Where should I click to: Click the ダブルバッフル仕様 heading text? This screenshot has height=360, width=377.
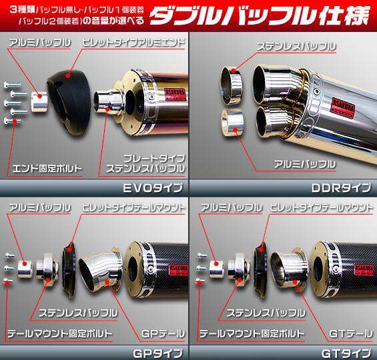[259, 15]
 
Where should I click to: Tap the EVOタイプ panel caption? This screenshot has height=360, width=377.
[153, 188]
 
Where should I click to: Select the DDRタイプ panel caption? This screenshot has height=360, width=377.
[342, 188]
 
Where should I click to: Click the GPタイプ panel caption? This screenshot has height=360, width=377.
[157, 353]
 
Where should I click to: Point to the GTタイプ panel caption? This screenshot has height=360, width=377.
[346, 353]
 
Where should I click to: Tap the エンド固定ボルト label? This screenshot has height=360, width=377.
[47, 169]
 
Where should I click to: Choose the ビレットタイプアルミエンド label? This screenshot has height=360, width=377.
[133, 43]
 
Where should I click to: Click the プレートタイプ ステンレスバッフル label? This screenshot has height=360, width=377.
[145, 163]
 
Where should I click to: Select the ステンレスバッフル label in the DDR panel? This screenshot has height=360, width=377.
[296, 46]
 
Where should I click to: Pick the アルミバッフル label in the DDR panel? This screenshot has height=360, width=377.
[305, 164]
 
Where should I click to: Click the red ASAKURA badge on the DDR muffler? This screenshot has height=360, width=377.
[343, 108]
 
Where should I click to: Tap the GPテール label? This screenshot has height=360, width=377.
[163, 333]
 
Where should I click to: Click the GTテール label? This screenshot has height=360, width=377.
[351, 333]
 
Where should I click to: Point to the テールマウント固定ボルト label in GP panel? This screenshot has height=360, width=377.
[60, 333]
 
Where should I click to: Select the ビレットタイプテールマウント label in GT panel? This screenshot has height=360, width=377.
[321, 207]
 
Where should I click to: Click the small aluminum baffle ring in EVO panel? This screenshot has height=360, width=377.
[39, 101]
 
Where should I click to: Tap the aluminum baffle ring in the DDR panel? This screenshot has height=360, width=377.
[232, 123]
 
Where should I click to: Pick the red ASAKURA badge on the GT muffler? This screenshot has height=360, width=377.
[364, 269]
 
